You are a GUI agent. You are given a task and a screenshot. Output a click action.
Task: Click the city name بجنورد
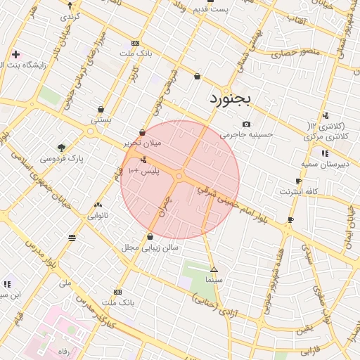pyautogui.click(x=230, y=100)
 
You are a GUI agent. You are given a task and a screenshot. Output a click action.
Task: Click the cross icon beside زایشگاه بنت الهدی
pyautogui.click(x=15, y=54)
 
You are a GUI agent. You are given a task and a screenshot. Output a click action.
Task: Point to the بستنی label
pyautogui.click(x=101, y=120)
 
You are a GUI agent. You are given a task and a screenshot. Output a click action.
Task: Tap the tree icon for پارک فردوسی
pyautogui.click(x=62, y=148)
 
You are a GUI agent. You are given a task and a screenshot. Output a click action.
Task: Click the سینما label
pyautogui.click(x=214, y=280)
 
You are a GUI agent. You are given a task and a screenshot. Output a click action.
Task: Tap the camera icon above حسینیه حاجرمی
pyautogui.click(x=246, y=124)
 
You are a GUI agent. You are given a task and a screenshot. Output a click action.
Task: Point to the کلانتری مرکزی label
pyautogui.click(x=324, y=136)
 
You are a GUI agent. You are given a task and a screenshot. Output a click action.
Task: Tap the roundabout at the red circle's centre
pyautogui.click(x=180, y=175)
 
